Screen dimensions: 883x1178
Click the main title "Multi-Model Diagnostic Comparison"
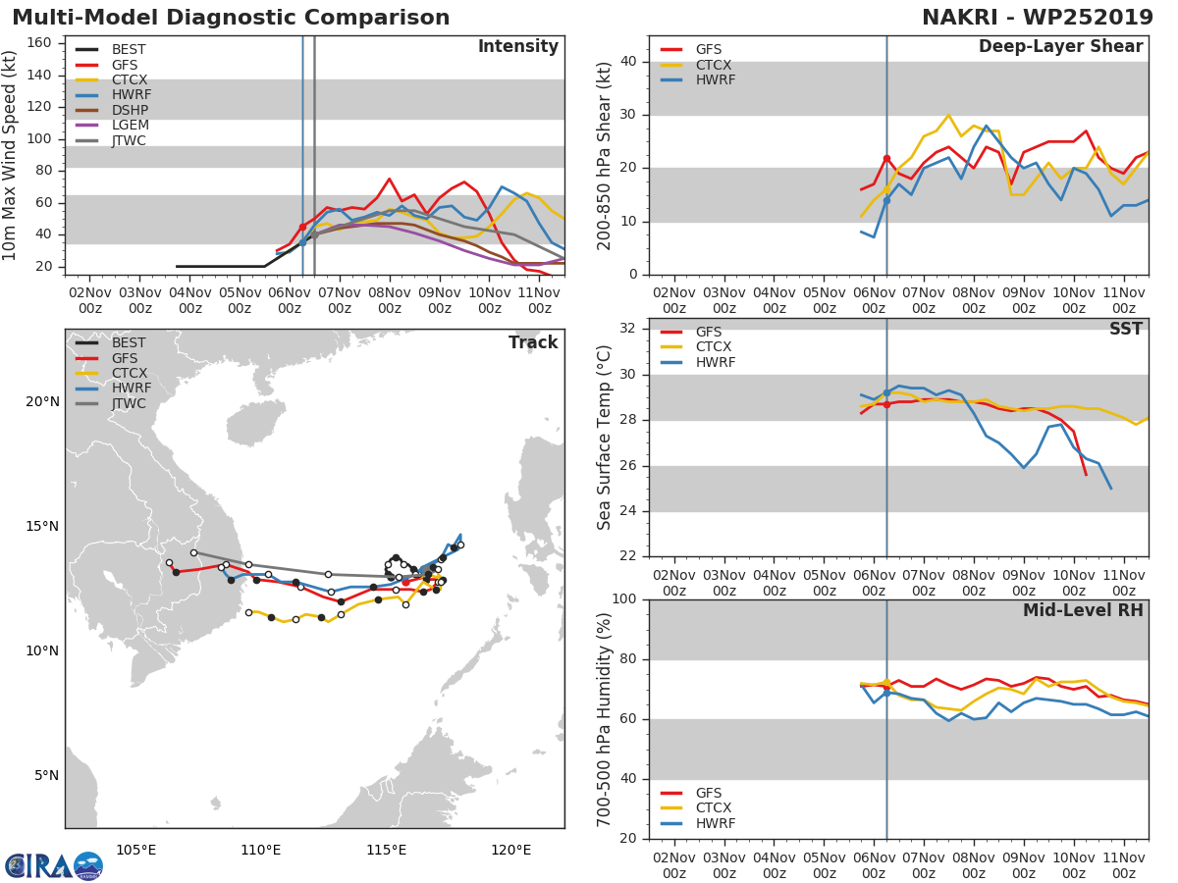tap(231, 18)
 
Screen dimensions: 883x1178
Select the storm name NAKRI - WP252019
tap(1038, 18)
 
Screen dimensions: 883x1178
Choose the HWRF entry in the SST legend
tap(716, 363)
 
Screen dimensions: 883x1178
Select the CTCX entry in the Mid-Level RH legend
tap(716, 808)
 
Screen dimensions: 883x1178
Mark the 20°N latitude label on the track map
tap(42, 402)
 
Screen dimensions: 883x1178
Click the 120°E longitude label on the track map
tap(510, 850)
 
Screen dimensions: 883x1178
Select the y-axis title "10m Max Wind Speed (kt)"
tap(11, 155)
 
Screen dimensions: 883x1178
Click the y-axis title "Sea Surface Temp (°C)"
tap(605, 438)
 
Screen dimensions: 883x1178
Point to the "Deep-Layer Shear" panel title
tap(1060, 47)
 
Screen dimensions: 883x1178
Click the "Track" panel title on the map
tap(533, 342)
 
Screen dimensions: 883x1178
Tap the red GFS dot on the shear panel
tap(886, 158)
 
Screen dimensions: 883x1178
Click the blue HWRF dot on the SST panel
tap(886, 392)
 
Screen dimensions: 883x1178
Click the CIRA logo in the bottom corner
tap(53, 865)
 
